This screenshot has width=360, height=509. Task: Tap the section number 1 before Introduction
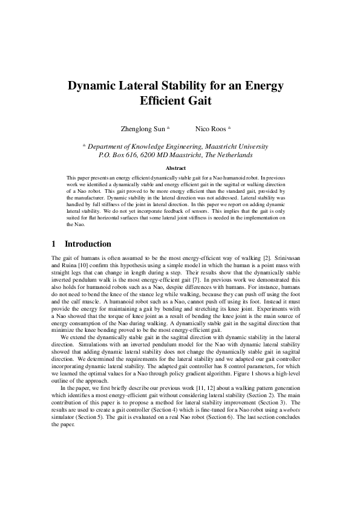point(54,244)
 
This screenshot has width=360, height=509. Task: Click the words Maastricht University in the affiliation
point(231,146)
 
